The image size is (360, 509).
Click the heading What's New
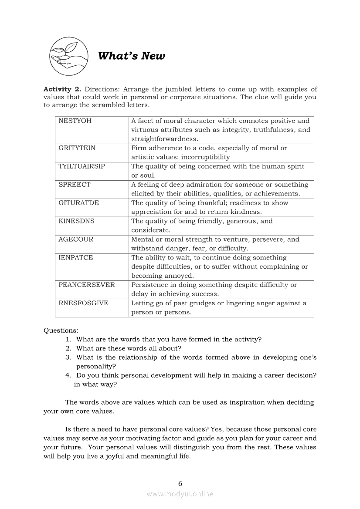(131, 56)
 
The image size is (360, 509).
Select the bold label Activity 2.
(62, 89)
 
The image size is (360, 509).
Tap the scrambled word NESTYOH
(75, 121)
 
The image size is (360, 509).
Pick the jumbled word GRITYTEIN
(77, 148)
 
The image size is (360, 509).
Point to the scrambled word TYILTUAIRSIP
(82, 166)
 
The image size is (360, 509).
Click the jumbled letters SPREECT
(75, 185)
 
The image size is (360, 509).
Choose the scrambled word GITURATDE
(78, 203)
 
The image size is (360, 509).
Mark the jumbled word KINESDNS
(76, 221)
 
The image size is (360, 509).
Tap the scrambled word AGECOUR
(76, 239)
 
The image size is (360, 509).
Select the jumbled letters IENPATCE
(75, 258)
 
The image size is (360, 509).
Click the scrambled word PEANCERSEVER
(86, 285)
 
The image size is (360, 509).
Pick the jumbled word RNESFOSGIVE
(83, 303)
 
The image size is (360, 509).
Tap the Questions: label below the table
(61, 330)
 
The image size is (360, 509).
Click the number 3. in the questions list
(68, 357)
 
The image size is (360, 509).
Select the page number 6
(180, 483)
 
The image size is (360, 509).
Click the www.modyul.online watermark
(180, 494)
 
